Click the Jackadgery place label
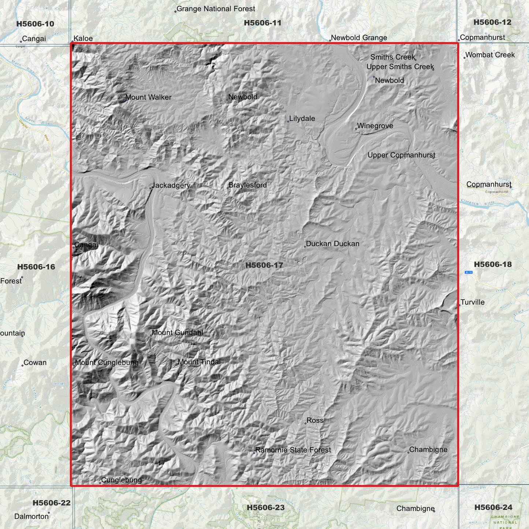(x=171, y=185)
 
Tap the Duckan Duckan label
(x=332, y=244)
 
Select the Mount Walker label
(x=148, y=97)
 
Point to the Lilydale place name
(x=302, y=119)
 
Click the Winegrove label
(x=375, y=126)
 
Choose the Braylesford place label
(x=247, y=185)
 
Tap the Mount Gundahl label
(x=177, y=333)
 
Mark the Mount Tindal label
(x=199, y=362)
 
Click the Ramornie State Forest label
(x=293, y=450)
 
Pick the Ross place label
(x=315, y=421)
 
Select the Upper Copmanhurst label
(x=401, y=155)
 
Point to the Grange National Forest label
(x=216, y=9)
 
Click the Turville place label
(x=472, y=302)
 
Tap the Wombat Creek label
(x=490, y=55)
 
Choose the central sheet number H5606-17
(x=264, y=265)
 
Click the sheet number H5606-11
(x=263, y=23)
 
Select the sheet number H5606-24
(x=493, y=507)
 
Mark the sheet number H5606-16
(x=36, y=267)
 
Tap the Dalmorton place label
(x=31, y=517)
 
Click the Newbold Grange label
(x=359, y=38)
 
